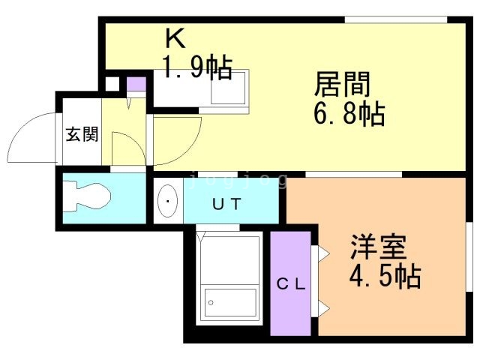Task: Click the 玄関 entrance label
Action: click(x=82, y=135)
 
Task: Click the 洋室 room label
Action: click(x=378, y=247)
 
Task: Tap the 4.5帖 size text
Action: click(x=383, y=277)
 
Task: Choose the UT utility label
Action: click(x=224, y=203)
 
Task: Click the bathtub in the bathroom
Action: click(x=229, y=304)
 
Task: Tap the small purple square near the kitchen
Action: click(x=136, y=84)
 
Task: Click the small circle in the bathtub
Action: click(x=211, y=304)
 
